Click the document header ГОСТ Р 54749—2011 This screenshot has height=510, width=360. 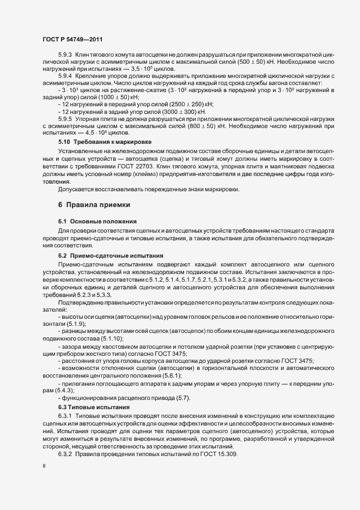pyautogui.click(x=72, y=39)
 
